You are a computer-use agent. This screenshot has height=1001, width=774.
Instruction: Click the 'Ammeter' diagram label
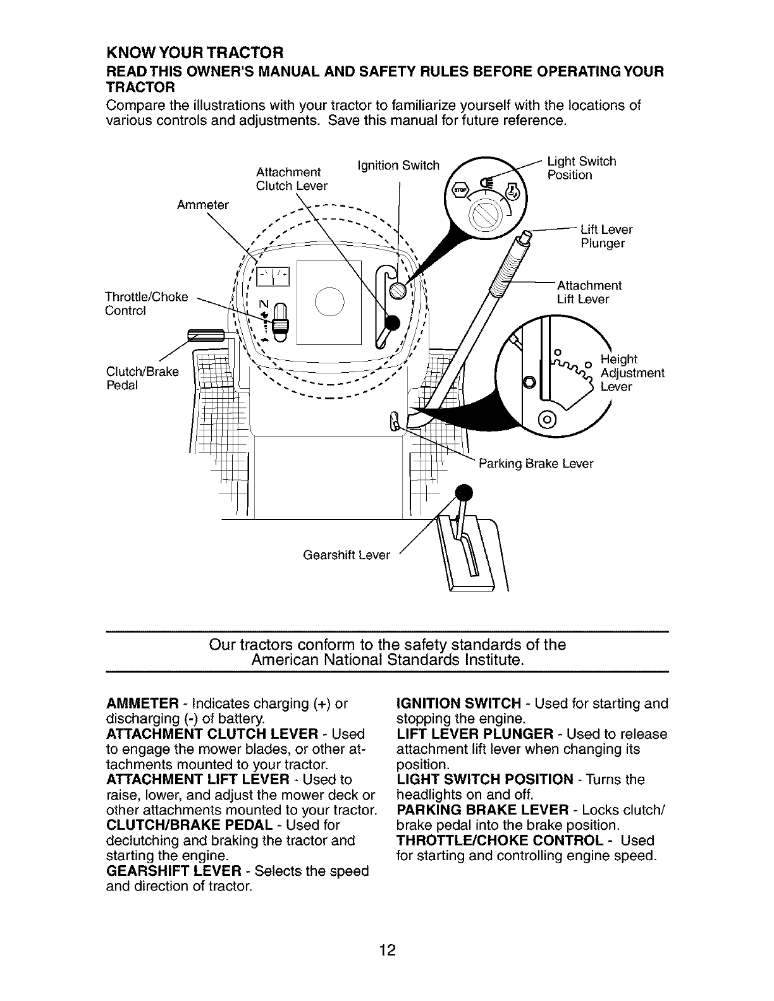coord(203,205)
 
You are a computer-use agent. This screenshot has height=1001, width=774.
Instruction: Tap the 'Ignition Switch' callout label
coord(398,166)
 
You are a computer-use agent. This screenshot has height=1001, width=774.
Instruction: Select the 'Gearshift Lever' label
coord(347,555)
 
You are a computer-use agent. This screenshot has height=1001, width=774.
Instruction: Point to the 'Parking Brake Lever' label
coord(536,464)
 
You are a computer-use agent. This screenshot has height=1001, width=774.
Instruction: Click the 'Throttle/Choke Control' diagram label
coord(147,303)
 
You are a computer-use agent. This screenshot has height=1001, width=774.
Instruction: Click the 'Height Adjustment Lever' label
coord(632,373)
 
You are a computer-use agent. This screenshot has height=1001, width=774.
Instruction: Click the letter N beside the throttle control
coord(264,303)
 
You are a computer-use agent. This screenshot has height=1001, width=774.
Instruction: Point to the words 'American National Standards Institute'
coord(387,660)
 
